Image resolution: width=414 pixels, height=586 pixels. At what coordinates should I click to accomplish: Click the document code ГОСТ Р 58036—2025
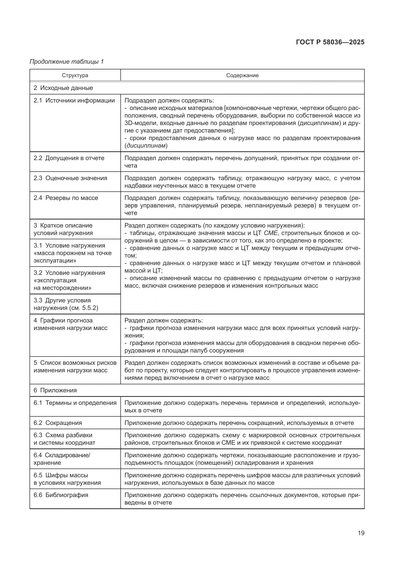[330, 42]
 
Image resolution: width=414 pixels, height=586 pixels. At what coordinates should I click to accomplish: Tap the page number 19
[361, 533]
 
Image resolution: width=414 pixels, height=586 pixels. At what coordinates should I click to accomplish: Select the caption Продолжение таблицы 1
[67, 62]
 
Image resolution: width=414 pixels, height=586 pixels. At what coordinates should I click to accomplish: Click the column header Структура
[75, 75]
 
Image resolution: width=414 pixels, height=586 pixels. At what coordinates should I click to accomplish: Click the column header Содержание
[242, 75]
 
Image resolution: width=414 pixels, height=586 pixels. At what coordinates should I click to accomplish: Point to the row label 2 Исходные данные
[63, 88]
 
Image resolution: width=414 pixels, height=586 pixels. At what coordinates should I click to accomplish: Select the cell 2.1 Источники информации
[74, 100]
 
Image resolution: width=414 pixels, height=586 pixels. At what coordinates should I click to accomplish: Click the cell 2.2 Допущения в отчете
[69, 158]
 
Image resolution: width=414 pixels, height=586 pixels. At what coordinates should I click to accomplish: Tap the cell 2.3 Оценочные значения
[70, 178]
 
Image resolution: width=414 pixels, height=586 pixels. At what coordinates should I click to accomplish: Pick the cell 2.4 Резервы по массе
[66, 198]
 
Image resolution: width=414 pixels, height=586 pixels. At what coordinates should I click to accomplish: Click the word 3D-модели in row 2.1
[139, 123]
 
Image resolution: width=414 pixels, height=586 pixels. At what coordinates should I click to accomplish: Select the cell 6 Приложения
[55, 390]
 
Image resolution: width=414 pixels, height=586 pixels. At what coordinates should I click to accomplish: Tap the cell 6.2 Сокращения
[58, 423]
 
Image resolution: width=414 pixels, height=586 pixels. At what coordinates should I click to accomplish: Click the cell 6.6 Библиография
[61, 495]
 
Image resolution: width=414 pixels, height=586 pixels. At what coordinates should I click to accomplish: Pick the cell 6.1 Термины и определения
[75, 403]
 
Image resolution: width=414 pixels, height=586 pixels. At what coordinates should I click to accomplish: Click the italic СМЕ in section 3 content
[271, 233]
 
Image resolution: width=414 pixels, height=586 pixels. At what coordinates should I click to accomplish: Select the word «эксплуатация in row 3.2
[55, 281]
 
